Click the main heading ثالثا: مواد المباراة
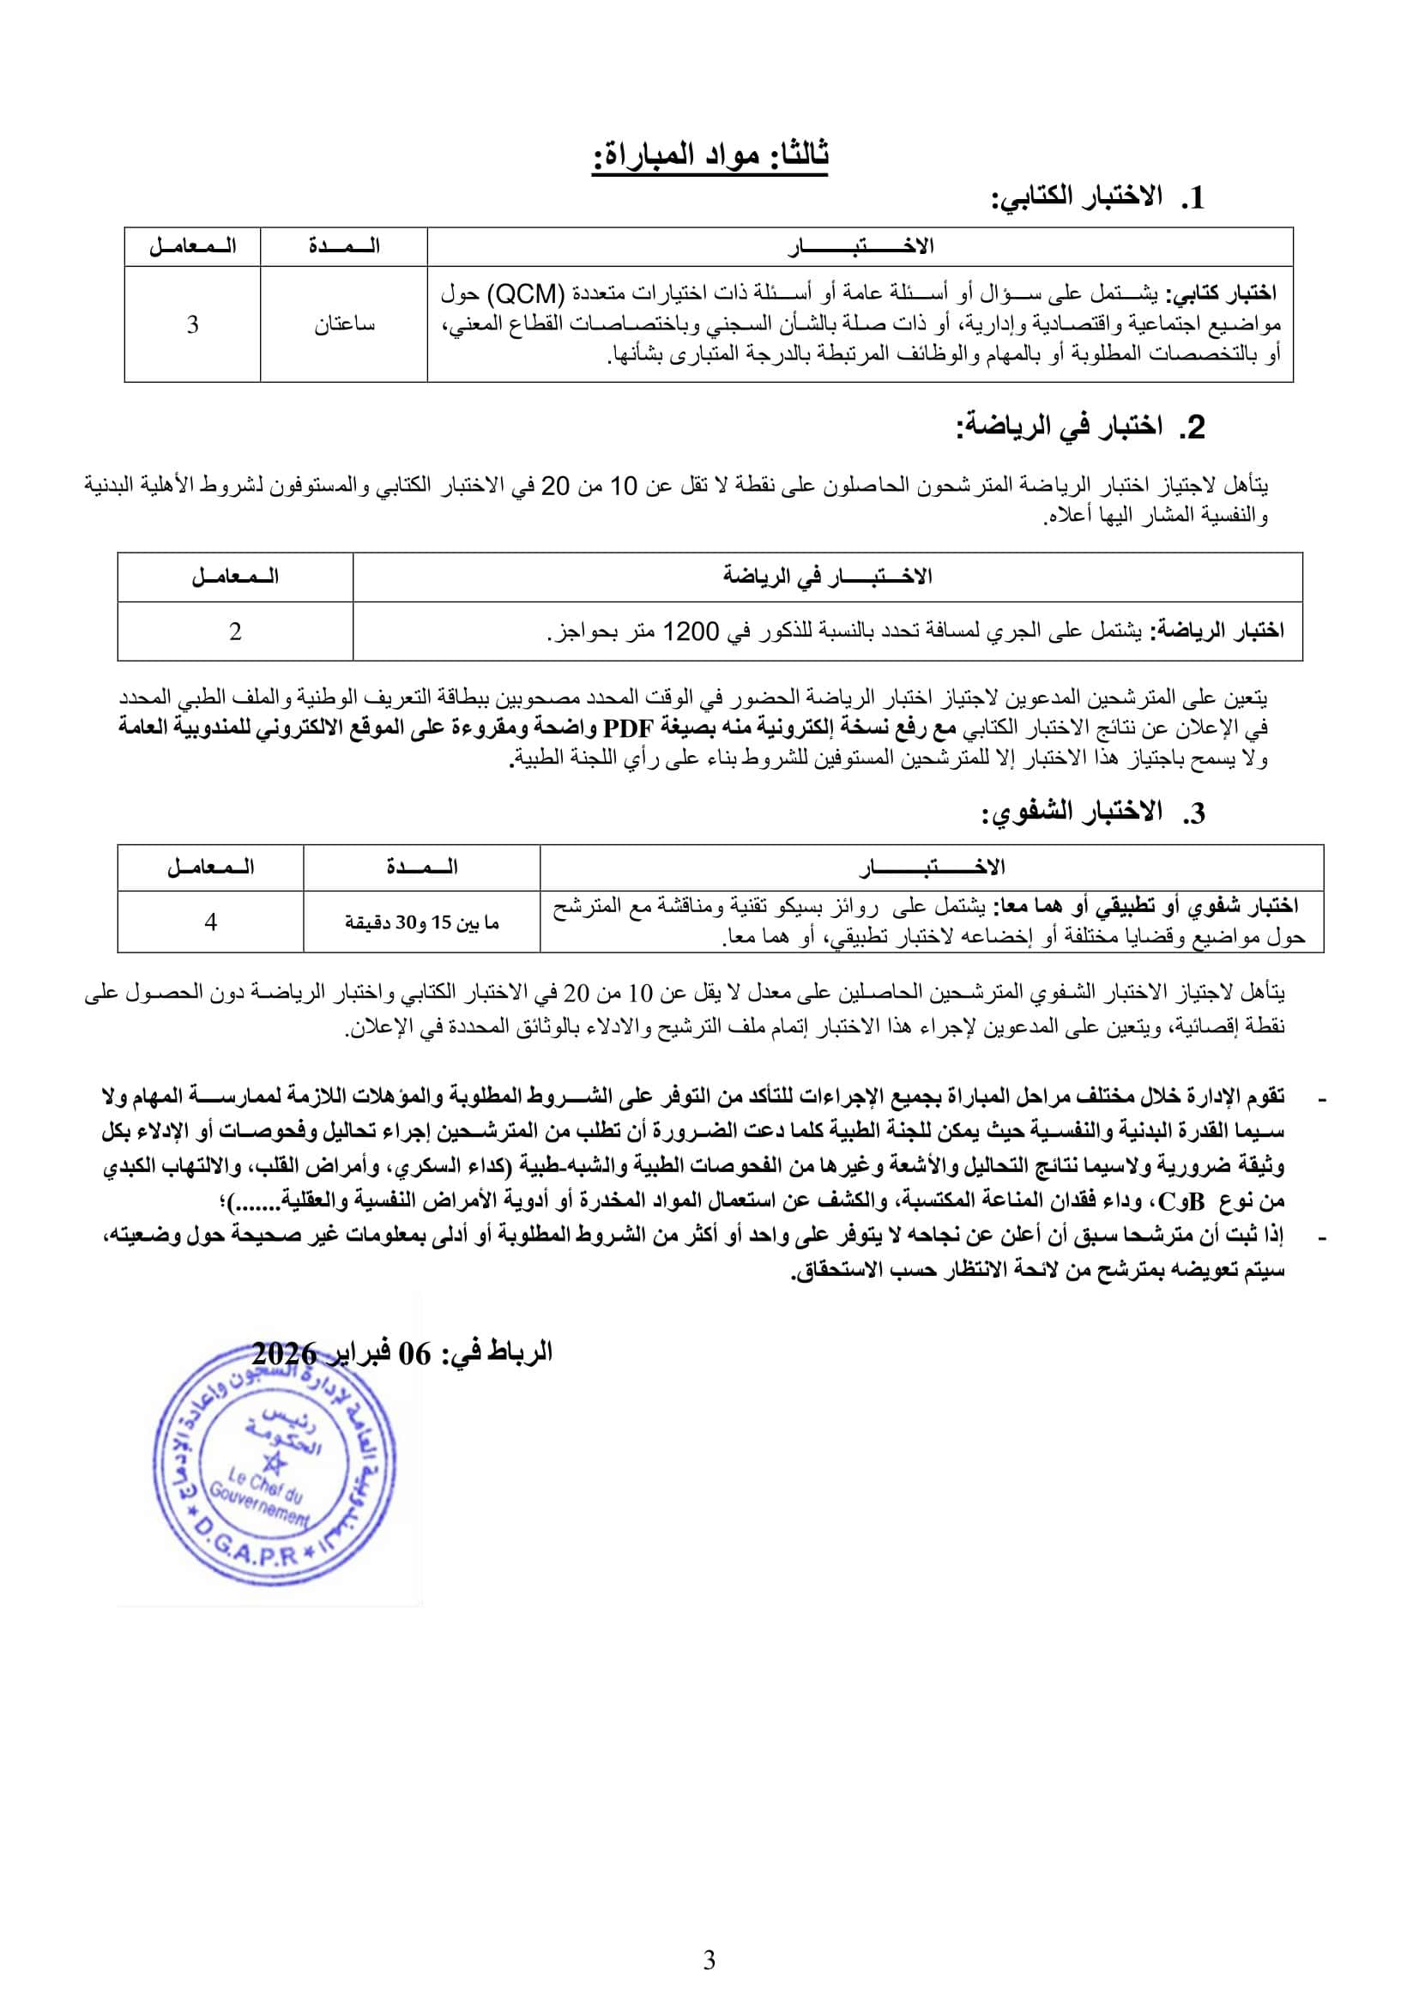pyautogui.click(x=709, y=155)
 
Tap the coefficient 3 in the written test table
pyautogui.click(x=192, y=324)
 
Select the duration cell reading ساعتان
pyautogui.click(x=344, y=324)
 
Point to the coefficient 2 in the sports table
pyautogui.click(x=235, y=632)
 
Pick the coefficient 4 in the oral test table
pyautogui.click(x=210, y=922)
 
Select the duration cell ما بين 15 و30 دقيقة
pyautogui.click(x=422, y=922)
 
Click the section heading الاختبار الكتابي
pyautogui.click(x=1077, y=197)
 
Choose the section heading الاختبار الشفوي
pyautogui.click(x=1072, y=813)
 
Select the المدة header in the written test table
pyautogui.click(x=344, y=246)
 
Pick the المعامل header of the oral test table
pyautogui.click(x=210, y=867)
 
